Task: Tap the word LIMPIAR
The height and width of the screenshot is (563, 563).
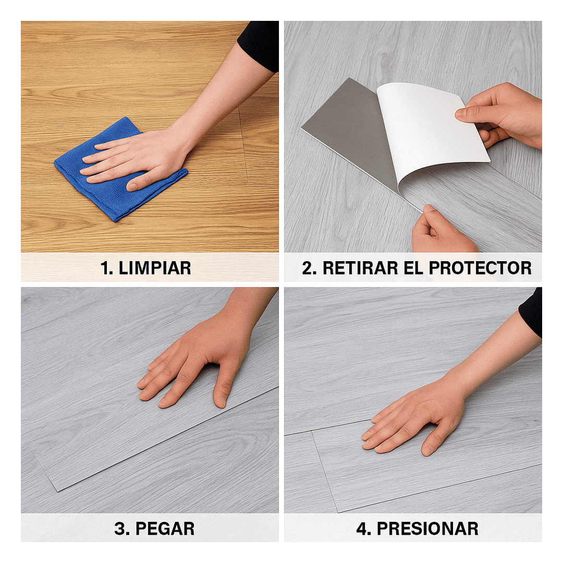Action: (x=155, y=268)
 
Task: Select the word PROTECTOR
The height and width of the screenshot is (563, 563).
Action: (x=480, y=268)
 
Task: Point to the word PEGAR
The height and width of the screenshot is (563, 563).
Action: (x=165, y=529)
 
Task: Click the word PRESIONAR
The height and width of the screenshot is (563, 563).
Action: (x=427, y=529)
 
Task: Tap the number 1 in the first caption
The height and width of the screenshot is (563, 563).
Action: (x=104, y=268)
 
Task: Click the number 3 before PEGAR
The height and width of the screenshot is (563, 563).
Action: (x=120, y=529)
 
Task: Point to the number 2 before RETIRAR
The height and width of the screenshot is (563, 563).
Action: (x=309, y=268)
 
